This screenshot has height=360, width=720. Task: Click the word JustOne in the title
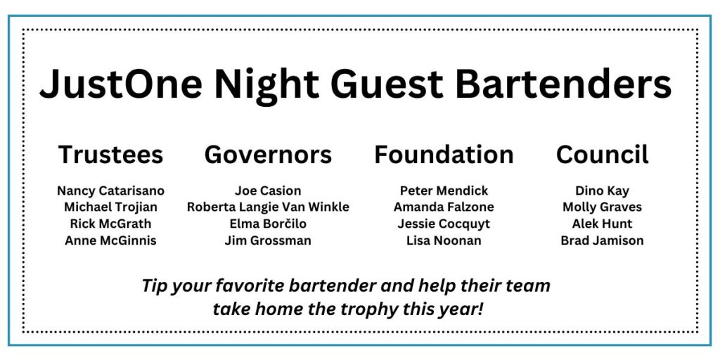pyautogui.click(x=121, y=84)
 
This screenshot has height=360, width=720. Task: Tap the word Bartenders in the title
pyautogui.click(x=564, y=84)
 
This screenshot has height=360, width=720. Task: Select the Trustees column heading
pyautogui.click(x=110, y=154)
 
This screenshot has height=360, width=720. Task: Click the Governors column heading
pyautogui.click(x=268, y=154)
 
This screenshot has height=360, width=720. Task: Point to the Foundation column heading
pyautogui.click(x=444, y=154)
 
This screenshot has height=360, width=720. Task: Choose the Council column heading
pyautogui.click(x=603, y=154)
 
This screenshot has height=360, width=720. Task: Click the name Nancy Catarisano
pyautogui.click(x=110, y=191)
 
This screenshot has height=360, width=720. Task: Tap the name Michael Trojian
pyautogui.click(x=110, y=207)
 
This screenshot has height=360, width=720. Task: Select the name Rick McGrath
pyautogui.click(x=110, y=224)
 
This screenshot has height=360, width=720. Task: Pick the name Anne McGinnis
pyautogui.click(x=110, y=240)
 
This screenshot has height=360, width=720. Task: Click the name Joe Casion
pyautogui.click(x=268, y=191)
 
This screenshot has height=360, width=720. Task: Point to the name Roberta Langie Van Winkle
pyautogui.click(x=268, y=207)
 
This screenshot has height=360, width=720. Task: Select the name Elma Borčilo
pyautogui.click(x=268, y=224)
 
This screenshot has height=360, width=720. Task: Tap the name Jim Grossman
pyautogui.click(x=268, y=240)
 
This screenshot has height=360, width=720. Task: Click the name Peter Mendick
pyautogui.click(x=444, y=191)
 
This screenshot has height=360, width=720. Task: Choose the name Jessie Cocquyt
pyautogui.click(x=444, y=224)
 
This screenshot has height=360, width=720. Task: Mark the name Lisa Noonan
pyautogui.click(x=444, y=240)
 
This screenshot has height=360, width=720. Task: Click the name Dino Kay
pyautogui.click(x=603, y=191)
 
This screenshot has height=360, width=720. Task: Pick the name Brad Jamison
pyautogui.click(x=603, y=240)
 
